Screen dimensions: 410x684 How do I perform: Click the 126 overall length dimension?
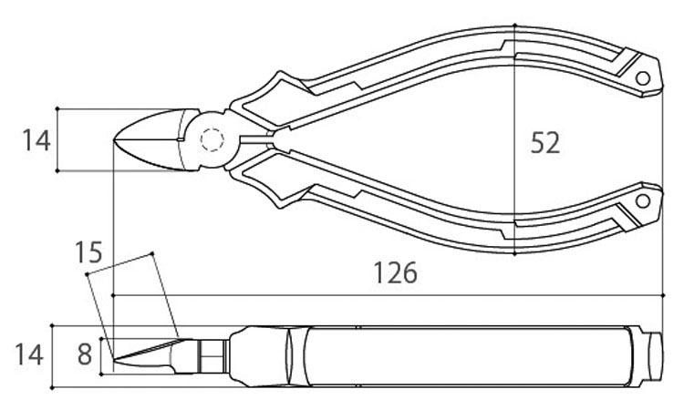(x=394, y=273)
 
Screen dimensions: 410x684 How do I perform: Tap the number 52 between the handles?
(x=544, y=143)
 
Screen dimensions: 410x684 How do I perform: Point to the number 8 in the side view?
(x=84, y=354)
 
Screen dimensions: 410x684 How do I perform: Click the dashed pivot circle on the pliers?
(x=212, y=140)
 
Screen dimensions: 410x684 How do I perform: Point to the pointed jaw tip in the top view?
(x=115, y=139)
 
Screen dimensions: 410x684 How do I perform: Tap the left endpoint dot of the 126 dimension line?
(x=112, y=296)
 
